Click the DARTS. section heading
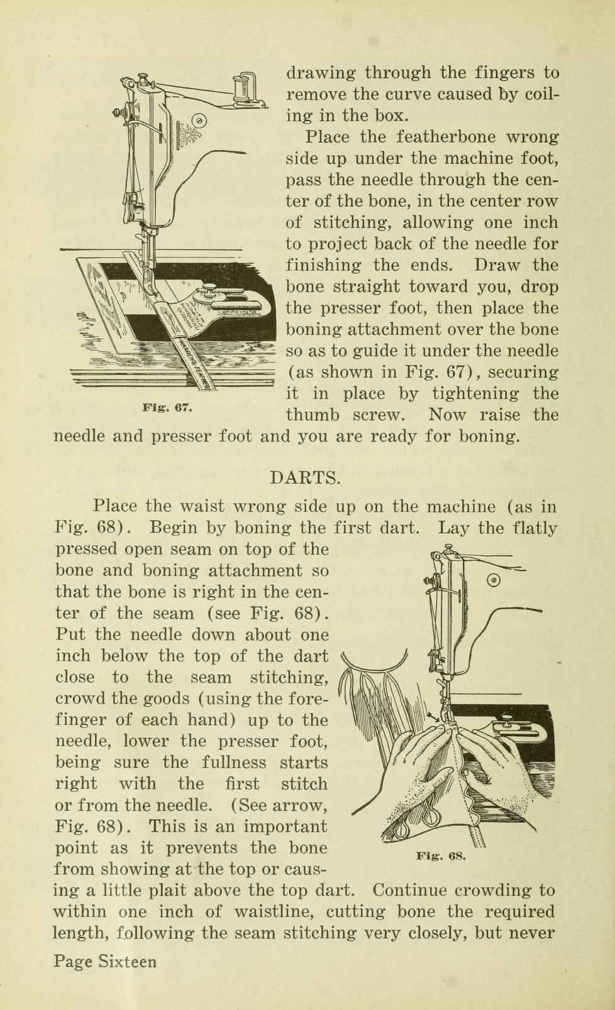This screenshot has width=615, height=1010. point(306,477)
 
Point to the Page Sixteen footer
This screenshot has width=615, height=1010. point(105,962)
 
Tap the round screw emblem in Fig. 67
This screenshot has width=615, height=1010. point(199,119)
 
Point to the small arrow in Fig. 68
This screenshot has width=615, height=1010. point(432,714)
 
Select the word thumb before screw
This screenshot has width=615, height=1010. point(313,415)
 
